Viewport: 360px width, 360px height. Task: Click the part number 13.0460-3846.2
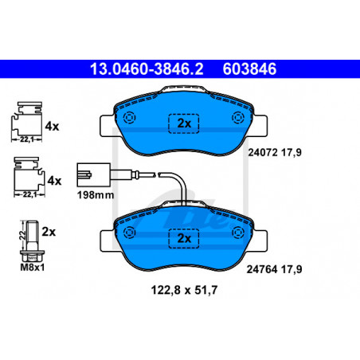pos(147,69)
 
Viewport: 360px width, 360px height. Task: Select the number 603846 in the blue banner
pos(249,69)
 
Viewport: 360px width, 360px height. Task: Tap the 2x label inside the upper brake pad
pos(184,123)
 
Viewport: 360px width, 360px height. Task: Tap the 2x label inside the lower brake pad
pos(184,238)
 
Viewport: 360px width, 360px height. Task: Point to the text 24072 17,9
pos(275,153)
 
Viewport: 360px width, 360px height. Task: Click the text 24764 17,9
pos(274,269)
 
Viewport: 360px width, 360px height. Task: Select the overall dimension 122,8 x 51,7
pos(184,290)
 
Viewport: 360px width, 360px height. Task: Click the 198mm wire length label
pos(96,195)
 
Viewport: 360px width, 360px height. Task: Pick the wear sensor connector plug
pos(94,174)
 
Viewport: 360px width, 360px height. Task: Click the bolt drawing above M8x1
pos(33,241)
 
